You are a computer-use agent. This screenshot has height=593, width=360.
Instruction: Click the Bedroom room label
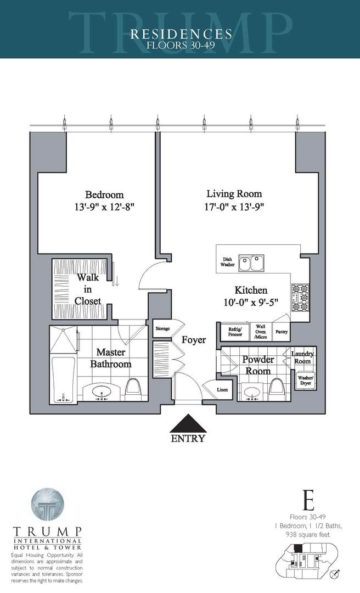[x=104, y=195]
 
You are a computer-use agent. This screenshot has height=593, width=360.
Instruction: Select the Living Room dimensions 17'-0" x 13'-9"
[x=234, y=208]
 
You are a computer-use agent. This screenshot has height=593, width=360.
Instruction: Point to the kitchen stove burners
[x=300, y=297]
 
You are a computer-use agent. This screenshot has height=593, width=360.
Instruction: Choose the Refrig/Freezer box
[x=235, y=332]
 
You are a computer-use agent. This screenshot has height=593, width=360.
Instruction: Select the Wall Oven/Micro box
[x=260, y=332]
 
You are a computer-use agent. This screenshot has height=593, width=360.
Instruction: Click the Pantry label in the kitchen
[x=281, y=332]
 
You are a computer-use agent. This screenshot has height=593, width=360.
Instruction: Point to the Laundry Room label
[x=303, y=357]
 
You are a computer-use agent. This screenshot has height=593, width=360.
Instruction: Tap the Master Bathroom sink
[x=101, y=393]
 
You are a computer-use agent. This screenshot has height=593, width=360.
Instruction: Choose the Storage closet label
[x=163, y=328]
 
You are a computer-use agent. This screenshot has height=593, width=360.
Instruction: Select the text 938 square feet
[x=308, y=533]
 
